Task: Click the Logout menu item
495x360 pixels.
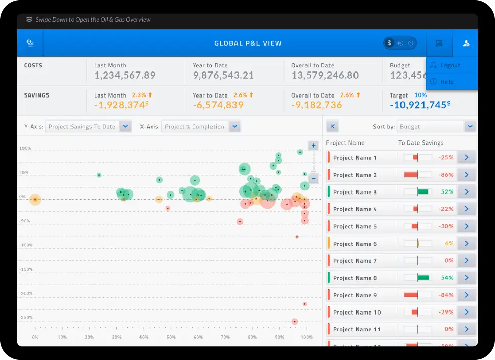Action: coord(450,65)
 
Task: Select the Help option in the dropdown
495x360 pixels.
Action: coord(446,82)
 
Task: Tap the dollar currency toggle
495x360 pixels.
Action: coord(389,43)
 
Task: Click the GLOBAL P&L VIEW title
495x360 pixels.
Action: coord(248,43)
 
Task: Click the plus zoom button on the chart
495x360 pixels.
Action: coord(314,146)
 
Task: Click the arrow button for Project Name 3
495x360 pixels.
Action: coord(466,192)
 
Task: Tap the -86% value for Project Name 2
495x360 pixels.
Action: coord(445,175)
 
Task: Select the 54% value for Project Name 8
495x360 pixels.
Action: coord(447,278)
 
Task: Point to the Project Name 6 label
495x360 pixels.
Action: coord(355,244)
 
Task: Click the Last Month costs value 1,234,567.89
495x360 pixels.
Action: coord(125,75)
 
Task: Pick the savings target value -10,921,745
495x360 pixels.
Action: coord(418,105)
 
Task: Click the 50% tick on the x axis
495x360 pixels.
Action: coord(171,337)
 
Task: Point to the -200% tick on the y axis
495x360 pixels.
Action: coord(26,293)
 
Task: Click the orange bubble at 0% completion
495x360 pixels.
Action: coord(35,200)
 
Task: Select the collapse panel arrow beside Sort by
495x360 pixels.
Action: coord(332,127)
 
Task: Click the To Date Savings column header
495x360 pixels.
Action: coord(421,143)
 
